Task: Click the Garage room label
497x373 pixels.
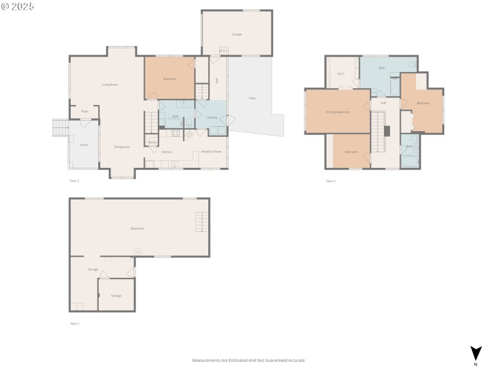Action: point(237,34)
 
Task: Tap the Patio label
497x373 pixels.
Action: point(252,98)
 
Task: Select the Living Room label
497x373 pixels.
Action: point(110,84)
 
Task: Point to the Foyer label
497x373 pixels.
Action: point(84,111)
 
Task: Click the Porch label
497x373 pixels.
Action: point(84,145)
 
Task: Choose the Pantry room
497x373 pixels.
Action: point(152,142)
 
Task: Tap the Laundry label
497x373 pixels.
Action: point(211,117)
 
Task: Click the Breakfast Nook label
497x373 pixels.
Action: point(211,152)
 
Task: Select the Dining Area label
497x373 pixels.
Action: point(122,147)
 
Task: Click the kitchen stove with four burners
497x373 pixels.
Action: point(175,132)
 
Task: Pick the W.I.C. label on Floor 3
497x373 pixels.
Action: point(341,74)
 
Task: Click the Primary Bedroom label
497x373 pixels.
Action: point(338,112)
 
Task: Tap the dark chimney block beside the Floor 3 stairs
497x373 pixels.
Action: point(386,131)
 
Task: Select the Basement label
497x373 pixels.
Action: point(137,228)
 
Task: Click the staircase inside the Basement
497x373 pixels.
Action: point(202,222)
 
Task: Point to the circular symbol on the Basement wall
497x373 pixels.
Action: point(138,252)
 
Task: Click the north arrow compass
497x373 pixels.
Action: point(476,354)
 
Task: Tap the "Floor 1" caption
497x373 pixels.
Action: point(75,323)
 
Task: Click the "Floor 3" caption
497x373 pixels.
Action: point(331,181)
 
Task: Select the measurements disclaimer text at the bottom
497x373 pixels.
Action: point(248,360)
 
